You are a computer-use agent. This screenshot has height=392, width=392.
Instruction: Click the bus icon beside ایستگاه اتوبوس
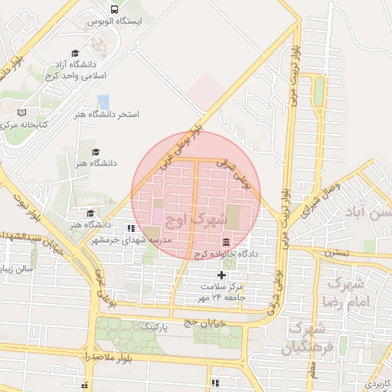click(x=114, y=9)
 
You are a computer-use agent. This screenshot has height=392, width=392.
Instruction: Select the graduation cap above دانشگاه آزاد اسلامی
click(x=75, y=53)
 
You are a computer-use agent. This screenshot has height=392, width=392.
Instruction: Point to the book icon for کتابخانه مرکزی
click(x=21, y=112)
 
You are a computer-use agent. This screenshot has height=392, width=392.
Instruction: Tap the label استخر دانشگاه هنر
click(x=106, y=114)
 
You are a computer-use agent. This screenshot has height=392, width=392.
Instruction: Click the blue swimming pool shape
click(x=103, y=101)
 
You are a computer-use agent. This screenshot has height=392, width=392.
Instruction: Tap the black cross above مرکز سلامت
click(x=221, y=275)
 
